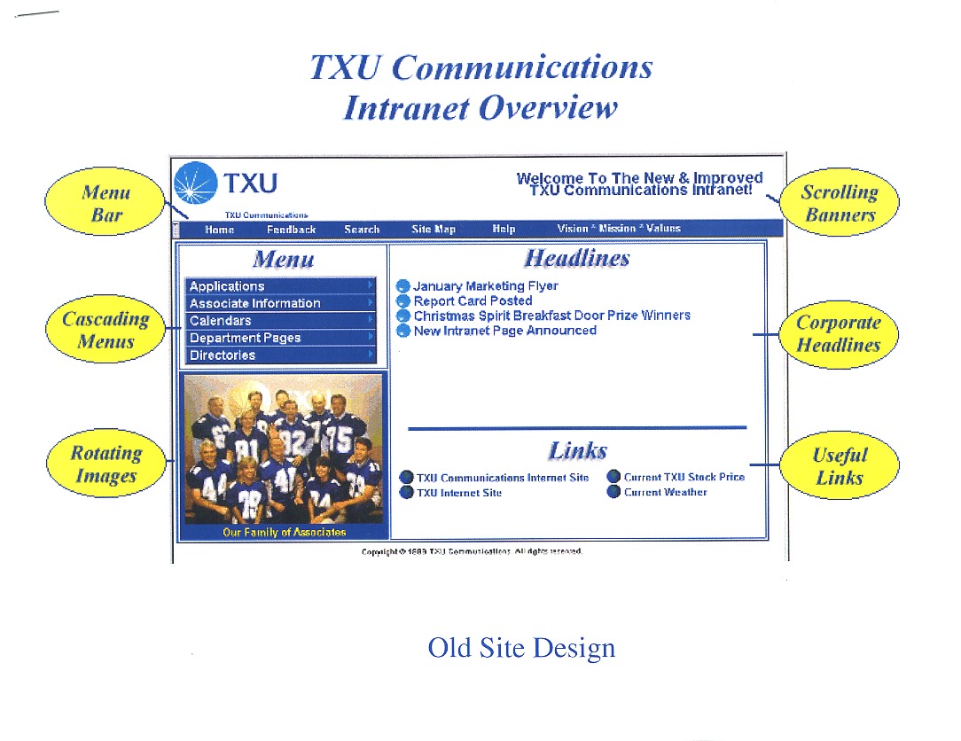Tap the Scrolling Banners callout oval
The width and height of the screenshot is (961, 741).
(839, 203)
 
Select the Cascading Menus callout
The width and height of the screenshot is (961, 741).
(105, 330)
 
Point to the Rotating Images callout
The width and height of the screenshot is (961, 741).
(106, 464)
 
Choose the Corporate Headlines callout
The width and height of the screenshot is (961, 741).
(839, 334)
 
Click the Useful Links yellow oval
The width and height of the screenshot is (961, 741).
(839, 466)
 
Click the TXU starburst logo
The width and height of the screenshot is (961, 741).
(195, 183)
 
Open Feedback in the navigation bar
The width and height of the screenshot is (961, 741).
(291, 230)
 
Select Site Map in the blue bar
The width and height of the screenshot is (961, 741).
(434, 230)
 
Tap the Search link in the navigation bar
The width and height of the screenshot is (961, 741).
(362, 230)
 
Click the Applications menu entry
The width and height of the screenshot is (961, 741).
(227, 286)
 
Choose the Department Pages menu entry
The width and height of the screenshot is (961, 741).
(245, 338)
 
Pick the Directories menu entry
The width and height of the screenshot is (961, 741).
(223, 355)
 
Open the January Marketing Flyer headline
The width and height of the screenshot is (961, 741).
(485, 286)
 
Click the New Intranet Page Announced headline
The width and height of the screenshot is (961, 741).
(504, 331)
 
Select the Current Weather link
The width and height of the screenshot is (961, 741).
(665, 492)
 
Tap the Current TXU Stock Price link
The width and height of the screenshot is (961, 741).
(684, 477)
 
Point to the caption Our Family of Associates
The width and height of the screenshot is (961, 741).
(284, 533)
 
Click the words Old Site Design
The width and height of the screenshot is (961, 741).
(521, 648)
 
